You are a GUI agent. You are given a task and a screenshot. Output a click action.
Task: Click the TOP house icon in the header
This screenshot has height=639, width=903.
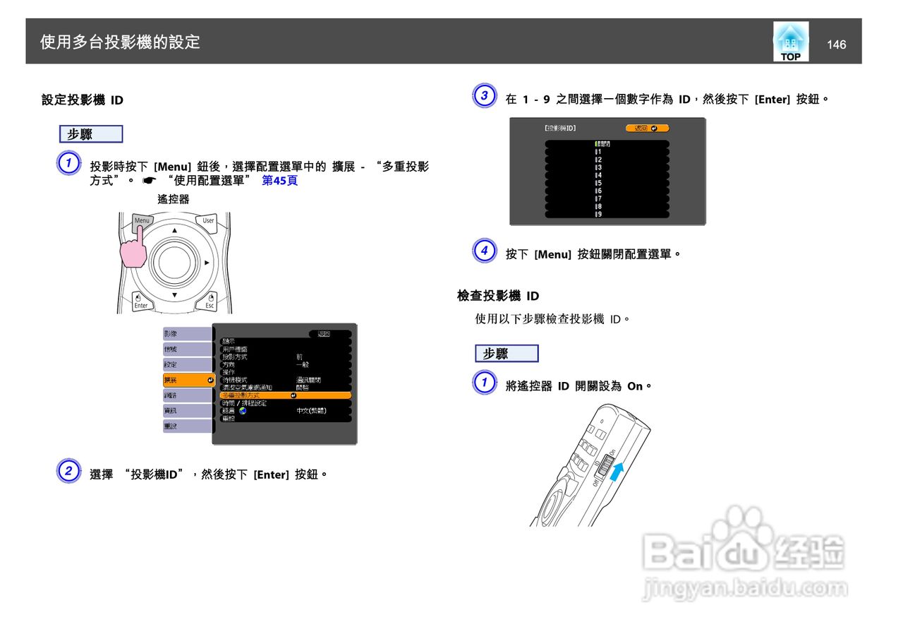pos(791,42)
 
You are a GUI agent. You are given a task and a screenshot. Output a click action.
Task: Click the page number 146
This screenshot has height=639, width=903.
pos(836,44)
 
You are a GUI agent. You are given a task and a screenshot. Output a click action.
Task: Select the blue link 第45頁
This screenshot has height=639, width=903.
pos(279,181)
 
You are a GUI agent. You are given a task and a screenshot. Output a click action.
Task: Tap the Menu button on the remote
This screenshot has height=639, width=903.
pos(142,221)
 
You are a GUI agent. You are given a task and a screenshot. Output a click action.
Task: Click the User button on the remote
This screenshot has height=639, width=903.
pos(207,221)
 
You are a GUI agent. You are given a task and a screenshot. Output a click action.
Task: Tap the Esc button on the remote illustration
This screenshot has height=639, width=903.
pos(209,301)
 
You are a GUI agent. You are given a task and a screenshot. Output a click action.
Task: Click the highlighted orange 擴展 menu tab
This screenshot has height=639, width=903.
pos(188,380)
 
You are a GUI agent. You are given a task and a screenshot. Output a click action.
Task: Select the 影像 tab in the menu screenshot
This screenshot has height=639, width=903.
pos(187,333)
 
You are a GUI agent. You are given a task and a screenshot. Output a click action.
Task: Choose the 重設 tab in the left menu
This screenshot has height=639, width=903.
pos(187,426)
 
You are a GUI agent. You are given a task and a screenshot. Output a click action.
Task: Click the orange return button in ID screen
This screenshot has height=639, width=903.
pos(647,128)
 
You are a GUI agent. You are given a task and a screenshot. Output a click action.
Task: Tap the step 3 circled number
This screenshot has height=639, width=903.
pos(484,97)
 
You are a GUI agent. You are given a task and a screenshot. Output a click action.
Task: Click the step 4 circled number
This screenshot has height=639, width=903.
pos(484,251)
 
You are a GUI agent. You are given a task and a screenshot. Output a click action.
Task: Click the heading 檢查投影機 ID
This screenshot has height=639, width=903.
pos(498,296)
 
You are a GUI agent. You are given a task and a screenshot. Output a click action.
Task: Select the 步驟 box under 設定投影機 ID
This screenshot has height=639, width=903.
pos(91,134)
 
